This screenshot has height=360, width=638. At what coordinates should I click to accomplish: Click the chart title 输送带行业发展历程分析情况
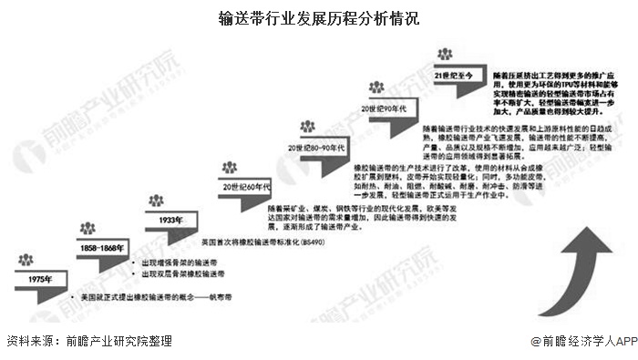click(x=319, y=17)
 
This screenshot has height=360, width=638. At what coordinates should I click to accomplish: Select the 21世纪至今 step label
click(x=453, y=76)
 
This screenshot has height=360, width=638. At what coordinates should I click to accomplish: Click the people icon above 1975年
click(x=25, y=261)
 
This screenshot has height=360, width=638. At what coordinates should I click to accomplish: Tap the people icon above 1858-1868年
click(x=87, y=229)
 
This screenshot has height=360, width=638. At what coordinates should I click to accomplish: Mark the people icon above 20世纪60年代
click(x=229, y=167)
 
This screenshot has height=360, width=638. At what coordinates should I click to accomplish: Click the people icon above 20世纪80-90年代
click(x=307, y=126)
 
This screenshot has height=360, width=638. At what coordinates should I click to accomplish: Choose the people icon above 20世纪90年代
click(x=376, y=87)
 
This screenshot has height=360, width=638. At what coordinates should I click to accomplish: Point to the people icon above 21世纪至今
click(x=444, y=55)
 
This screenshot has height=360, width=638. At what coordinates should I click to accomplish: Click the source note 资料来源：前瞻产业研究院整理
click(x=88, y=341)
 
